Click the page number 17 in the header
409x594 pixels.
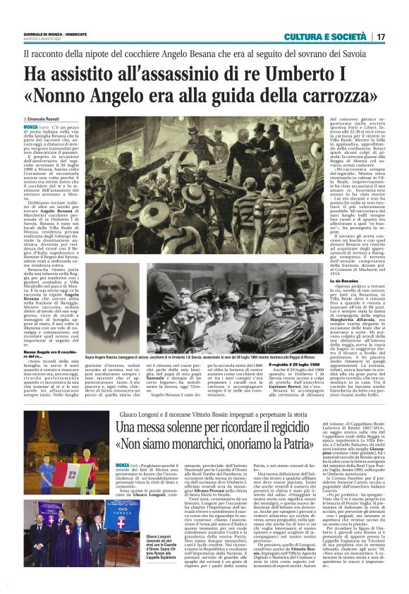click(x=380, y=36)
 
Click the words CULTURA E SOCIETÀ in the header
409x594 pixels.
click(x=326, y=36)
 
